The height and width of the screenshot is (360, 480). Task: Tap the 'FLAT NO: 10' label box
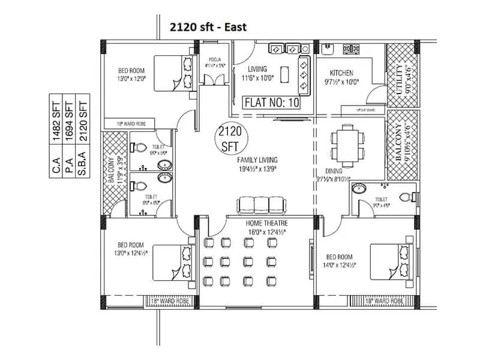[x=271, y=103]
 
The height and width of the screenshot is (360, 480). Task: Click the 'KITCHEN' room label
[x=337, y=73]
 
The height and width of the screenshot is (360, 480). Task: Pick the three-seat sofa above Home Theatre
[x=260, y=204]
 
